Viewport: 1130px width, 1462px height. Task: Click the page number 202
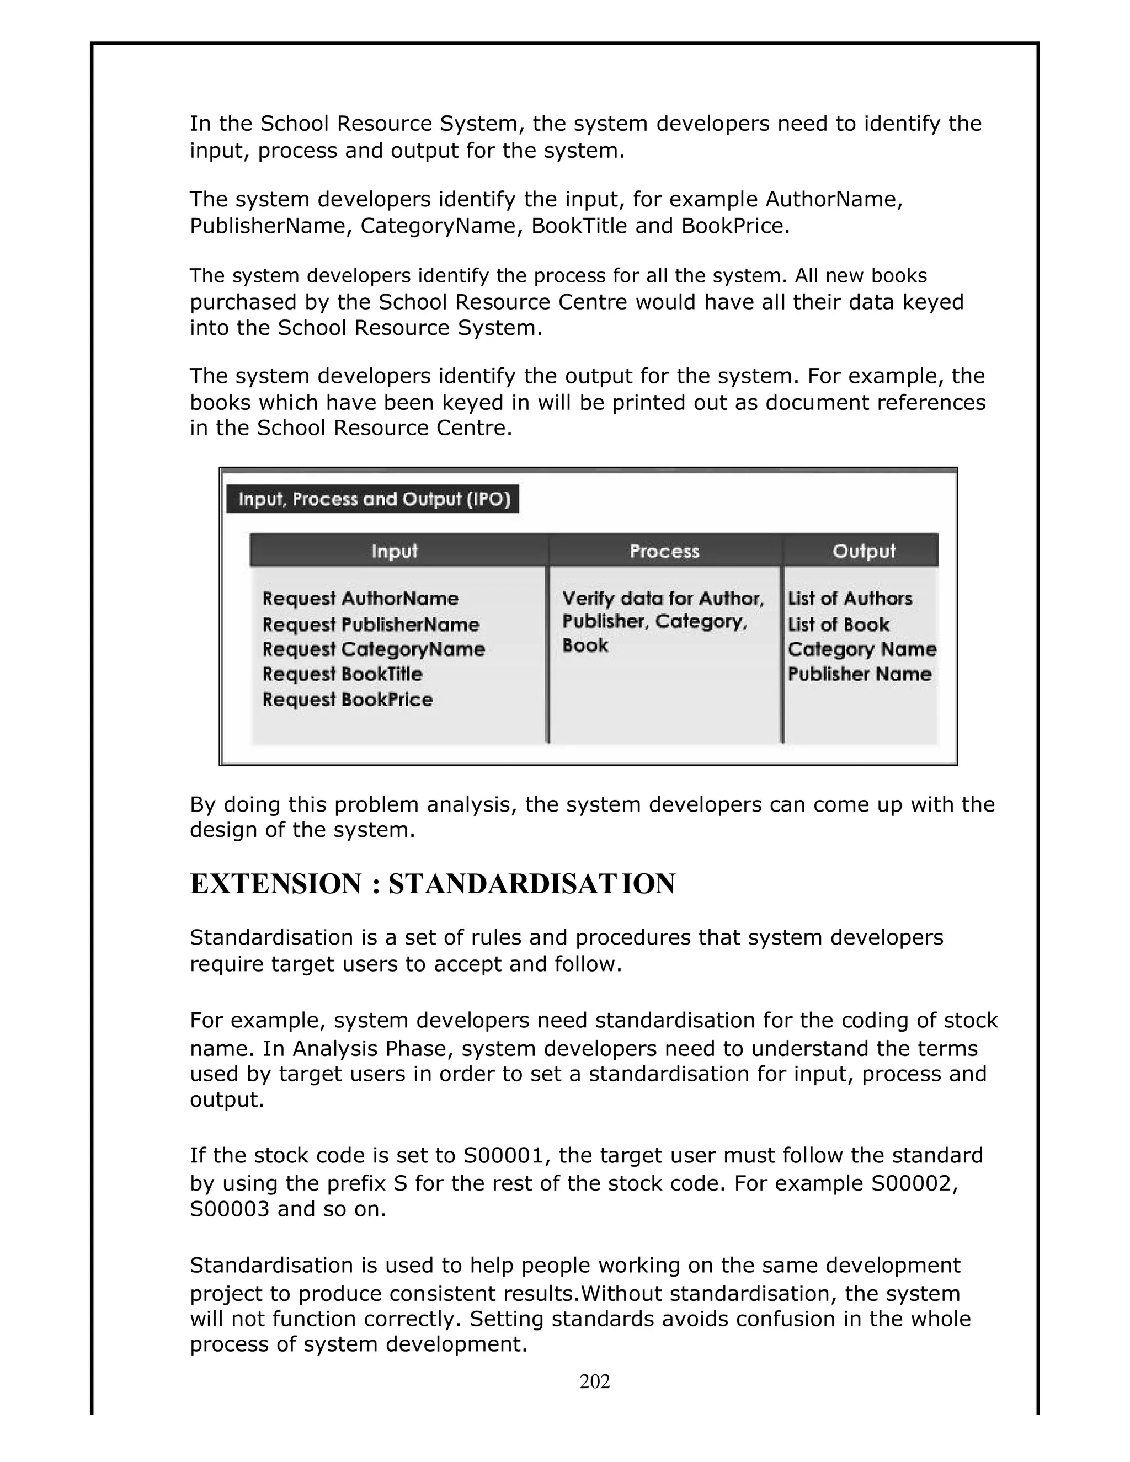594,1381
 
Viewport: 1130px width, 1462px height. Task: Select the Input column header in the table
395,551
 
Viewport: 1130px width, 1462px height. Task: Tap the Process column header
664,551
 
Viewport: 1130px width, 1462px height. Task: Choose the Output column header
864,551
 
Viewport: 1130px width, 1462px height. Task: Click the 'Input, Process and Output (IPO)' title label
374,499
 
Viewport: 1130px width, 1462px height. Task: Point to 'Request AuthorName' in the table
360,599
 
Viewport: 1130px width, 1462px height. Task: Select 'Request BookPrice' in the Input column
348,700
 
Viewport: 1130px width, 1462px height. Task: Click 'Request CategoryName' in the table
374,649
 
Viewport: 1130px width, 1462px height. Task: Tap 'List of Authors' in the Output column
850,599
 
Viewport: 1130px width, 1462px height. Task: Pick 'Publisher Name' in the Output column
860,674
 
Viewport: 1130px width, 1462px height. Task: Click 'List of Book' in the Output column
838,625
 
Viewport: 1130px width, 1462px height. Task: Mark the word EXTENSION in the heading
275,884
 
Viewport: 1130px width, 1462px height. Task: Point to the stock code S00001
506,1156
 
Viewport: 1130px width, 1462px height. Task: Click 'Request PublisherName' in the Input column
371,625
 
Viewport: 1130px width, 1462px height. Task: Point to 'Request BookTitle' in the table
342,674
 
